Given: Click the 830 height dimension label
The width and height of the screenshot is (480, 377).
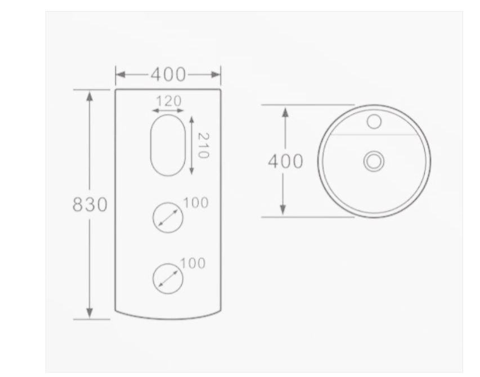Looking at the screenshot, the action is point(90,204).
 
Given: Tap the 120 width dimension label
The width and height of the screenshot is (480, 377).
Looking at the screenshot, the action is point(169,101).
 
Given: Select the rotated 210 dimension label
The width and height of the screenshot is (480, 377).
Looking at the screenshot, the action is point(203,145).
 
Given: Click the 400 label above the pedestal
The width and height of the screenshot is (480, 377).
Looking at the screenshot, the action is point(168,74).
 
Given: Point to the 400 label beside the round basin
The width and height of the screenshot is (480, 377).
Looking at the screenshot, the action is point(285,161).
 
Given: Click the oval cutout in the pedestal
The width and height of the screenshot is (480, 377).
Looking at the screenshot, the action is point(168,115).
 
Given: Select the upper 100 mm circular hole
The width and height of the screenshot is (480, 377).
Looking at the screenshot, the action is point(168,203).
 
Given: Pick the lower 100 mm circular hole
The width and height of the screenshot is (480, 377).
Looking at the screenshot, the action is point(168,264).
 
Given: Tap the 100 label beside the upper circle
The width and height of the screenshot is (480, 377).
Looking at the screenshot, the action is point(196,203).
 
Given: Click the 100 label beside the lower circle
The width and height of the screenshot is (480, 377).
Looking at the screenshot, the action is point(193,263).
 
